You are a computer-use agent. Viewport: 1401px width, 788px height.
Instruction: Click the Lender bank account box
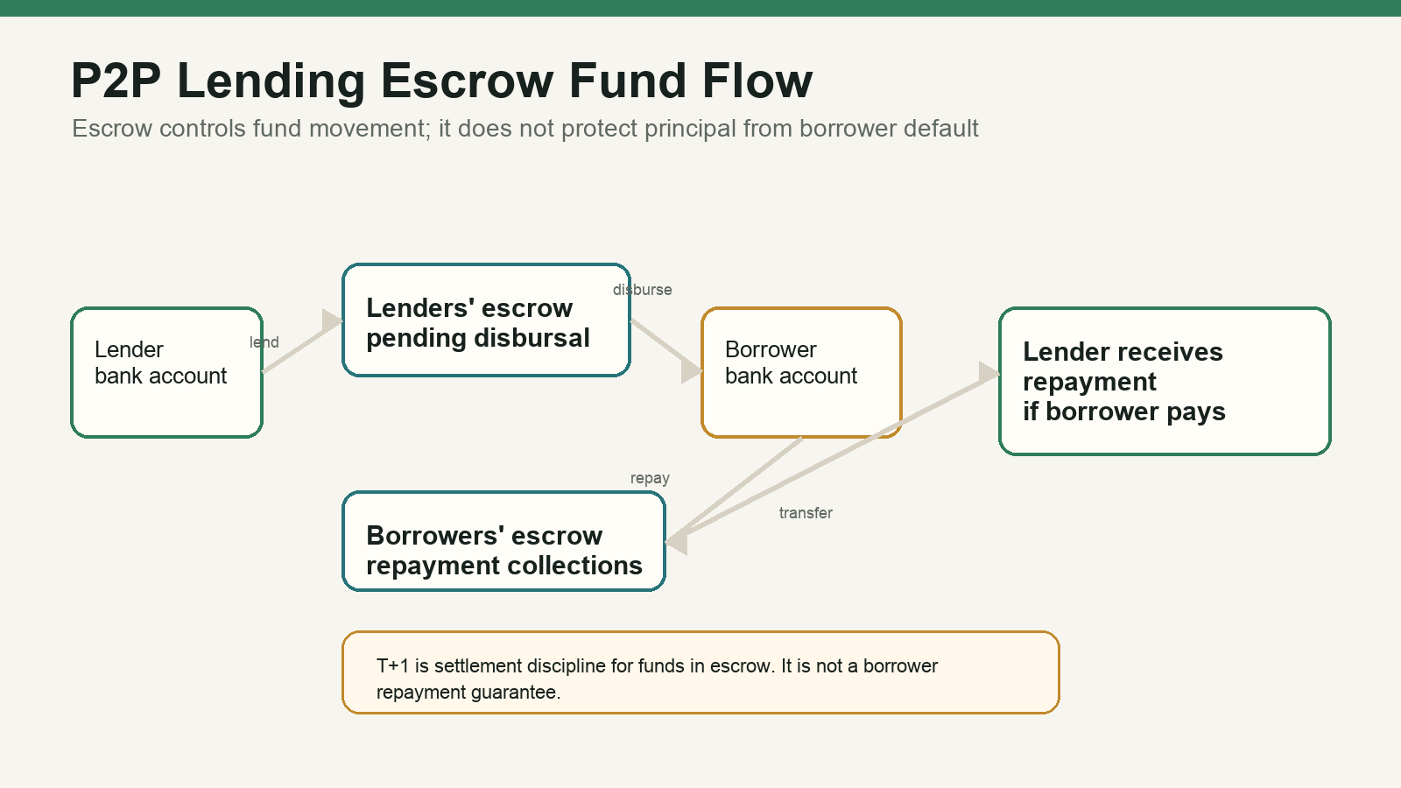tap(166, 372)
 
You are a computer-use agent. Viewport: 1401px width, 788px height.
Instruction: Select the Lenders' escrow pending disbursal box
tap(486, 320)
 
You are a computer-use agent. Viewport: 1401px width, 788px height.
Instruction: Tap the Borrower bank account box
tap(801, 372)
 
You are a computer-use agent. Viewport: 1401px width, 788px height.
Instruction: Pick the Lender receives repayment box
tap(1165, 381)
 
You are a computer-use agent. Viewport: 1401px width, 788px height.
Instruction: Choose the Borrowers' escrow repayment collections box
tap(503, 541)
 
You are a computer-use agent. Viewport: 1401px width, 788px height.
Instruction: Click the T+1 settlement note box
tap(700, 672)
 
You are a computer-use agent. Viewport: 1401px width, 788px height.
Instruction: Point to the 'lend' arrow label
tap(264, 342)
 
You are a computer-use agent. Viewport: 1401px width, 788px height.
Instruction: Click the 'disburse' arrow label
tap(643, 290)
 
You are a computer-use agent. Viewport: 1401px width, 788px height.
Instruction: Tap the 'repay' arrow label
tap(650, 478)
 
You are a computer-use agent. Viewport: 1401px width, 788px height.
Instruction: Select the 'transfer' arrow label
tap(806, 513)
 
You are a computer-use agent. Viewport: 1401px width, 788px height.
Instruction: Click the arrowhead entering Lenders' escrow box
tap(333, 320)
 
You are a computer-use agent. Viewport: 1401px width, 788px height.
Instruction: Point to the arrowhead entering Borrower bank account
tap(692, 370)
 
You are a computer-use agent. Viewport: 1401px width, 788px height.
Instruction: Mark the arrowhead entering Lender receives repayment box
tap(989, 373)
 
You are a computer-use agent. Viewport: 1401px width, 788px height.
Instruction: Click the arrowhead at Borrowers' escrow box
tap(677, 542)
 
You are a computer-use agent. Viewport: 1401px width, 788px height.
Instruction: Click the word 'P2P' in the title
tap(116, 81)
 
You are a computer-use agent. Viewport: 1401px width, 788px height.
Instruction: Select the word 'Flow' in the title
tap(757, 81)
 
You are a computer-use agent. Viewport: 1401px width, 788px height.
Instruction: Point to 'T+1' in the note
tap(393, 666)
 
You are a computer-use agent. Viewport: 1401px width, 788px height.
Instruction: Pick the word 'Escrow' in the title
tap(468, 81)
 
